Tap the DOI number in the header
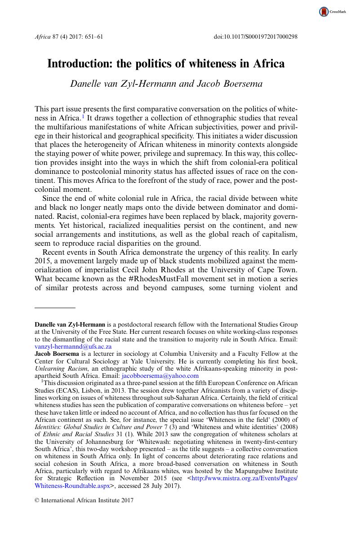coord(255,37)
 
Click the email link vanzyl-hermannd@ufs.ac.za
coord(73,347)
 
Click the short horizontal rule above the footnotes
coord(55,308)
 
